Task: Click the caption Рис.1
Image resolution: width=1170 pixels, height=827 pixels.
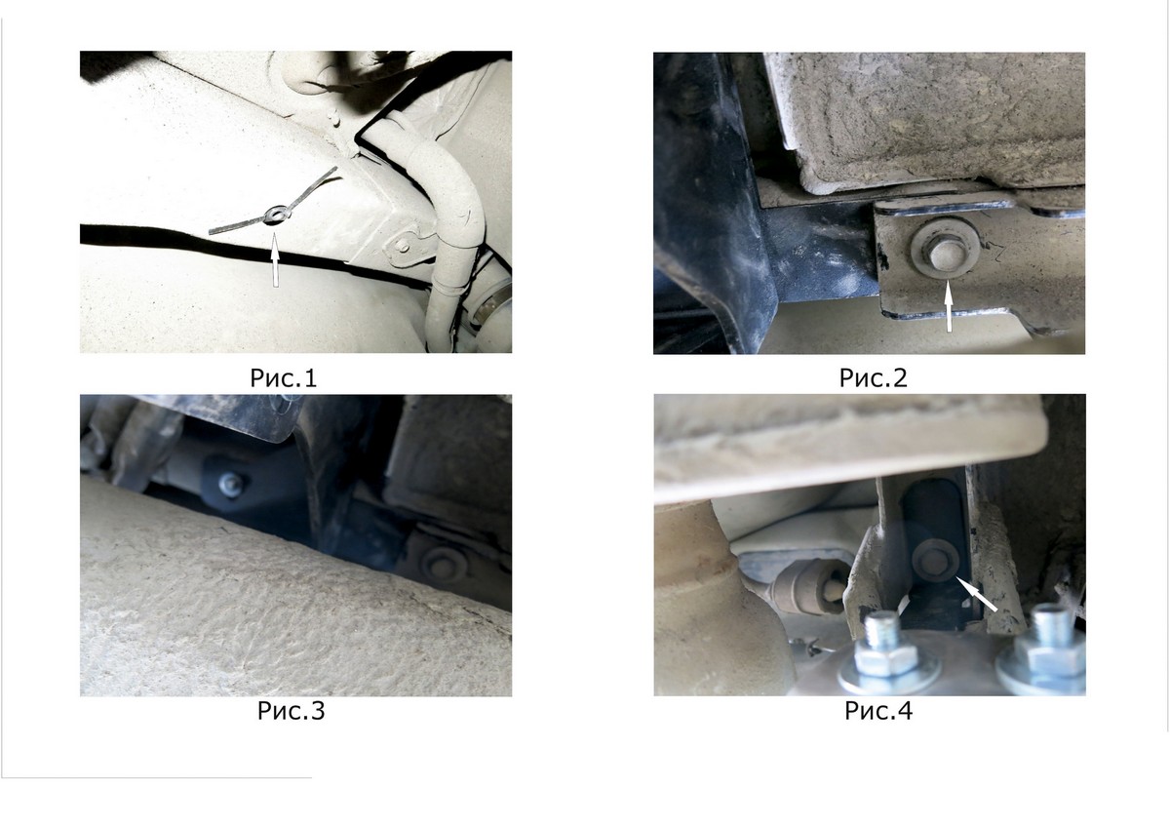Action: click(x=284, y=377)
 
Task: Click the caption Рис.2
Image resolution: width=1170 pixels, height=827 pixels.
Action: click(x=873, y=377)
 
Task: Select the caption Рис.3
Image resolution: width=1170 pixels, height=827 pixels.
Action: click(x=291, y=711)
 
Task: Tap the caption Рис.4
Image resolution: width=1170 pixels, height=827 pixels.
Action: click(x=878, y=711)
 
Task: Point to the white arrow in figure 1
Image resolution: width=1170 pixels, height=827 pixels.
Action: click(x=275, y=260)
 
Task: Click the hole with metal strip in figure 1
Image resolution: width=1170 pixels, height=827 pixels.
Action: click(x=273, y=215)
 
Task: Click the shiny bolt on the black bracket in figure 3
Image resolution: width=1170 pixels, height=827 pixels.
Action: click(x=230, y=484)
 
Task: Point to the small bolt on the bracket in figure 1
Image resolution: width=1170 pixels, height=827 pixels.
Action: click(x=402, y=245)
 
